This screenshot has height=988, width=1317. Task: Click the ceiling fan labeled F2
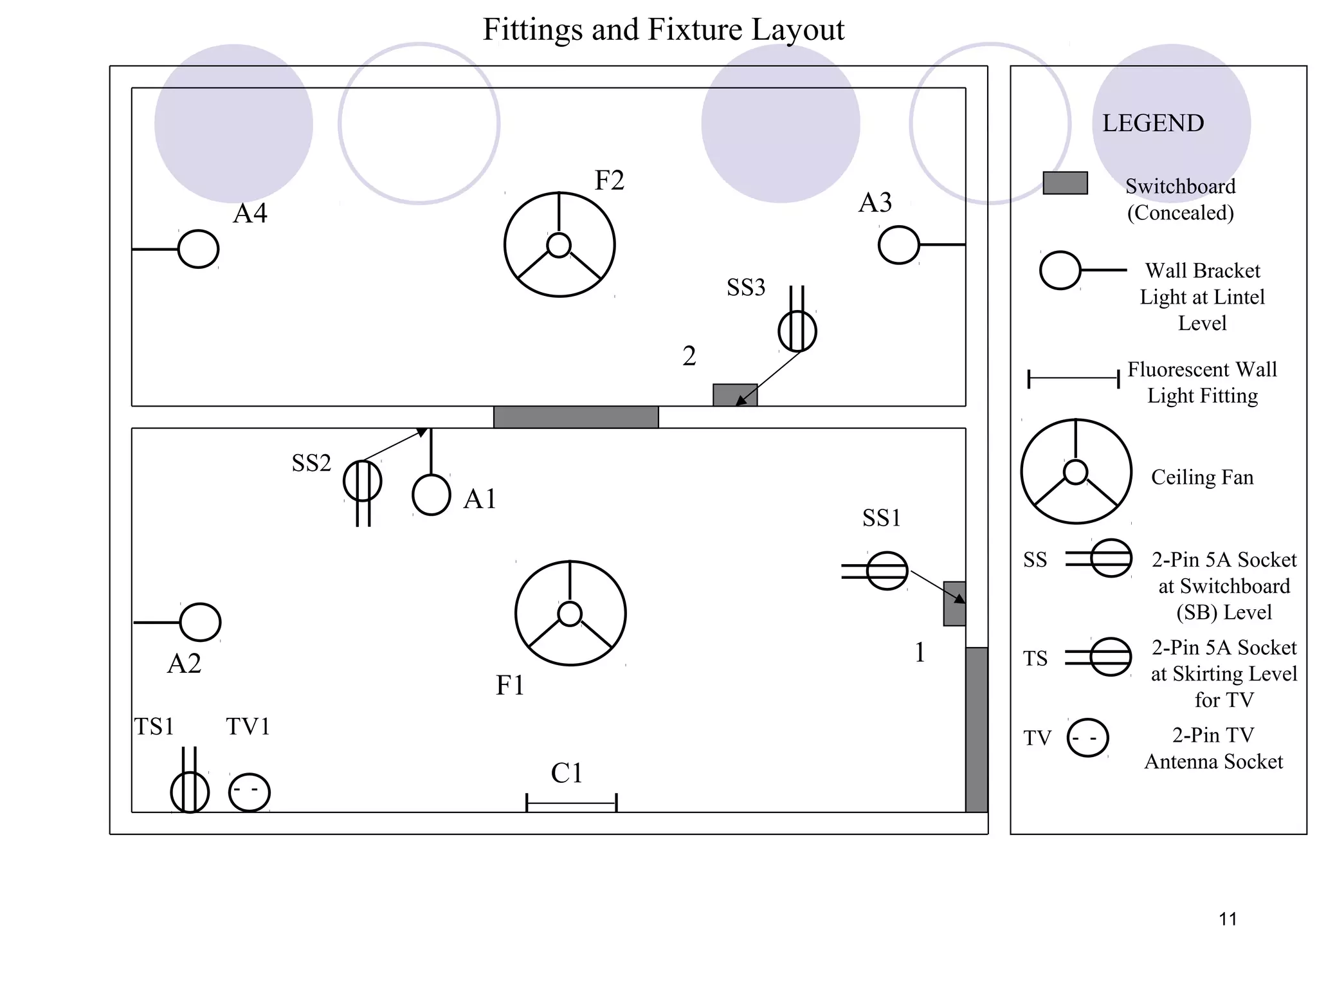(559, 244)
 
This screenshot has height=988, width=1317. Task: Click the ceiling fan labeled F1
(570, 613)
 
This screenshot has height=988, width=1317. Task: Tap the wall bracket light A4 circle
(198, 249)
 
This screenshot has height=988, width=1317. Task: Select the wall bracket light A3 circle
(898, 245)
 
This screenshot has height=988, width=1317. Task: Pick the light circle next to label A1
(431, 495)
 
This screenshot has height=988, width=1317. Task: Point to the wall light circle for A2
(200, 622)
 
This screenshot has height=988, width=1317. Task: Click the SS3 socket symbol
(797, 331)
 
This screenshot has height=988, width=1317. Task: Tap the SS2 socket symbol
(362, 481)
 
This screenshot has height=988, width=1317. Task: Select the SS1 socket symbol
(887, 571)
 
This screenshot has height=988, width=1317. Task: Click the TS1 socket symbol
(190, 792)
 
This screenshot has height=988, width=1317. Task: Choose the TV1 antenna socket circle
(250, 792)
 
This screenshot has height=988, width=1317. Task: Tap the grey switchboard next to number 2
(734, 395)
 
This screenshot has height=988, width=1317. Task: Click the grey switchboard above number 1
(954, 603)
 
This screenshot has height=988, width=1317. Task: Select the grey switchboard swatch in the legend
(1065, 183)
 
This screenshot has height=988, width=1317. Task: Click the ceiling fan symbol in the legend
(1076, 471)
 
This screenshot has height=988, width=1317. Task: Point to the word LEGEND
(1153, 123)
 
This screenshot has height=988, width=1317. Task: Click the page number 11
(1228, 919)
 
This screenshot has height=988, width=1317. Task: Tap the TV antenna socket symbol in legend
(1087, 738)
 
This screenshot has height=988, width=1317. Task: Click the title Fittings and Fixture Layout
(663, 30)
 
